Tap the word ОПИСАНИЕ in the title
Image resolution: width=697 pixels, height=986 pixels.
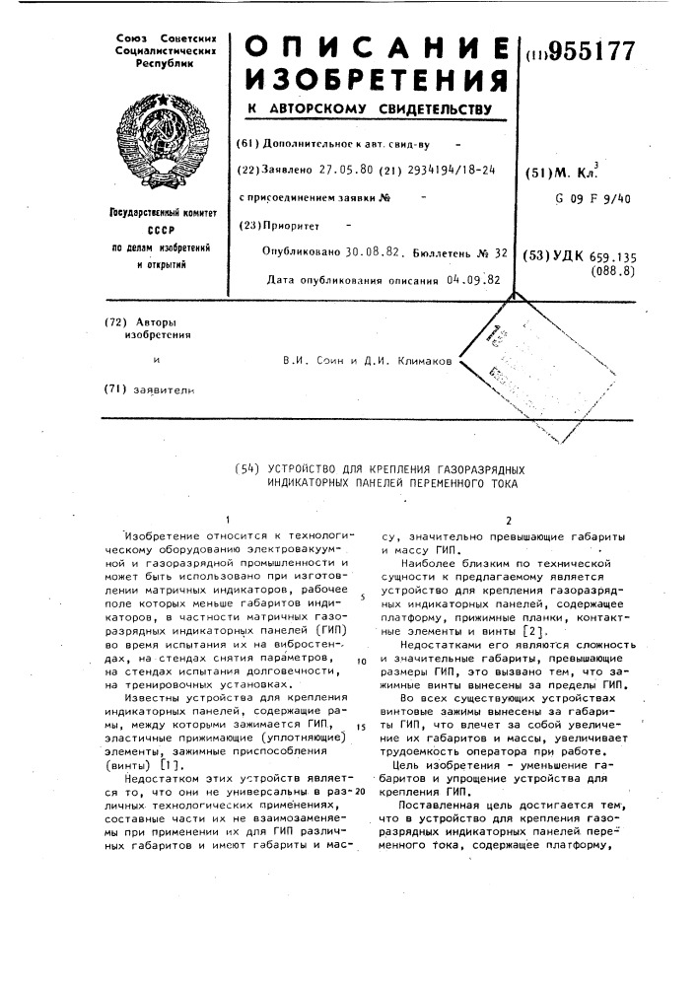click(x=377, y=49)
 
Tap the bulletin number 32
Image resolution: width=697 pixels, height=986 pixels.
click(x=501, y=252)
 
